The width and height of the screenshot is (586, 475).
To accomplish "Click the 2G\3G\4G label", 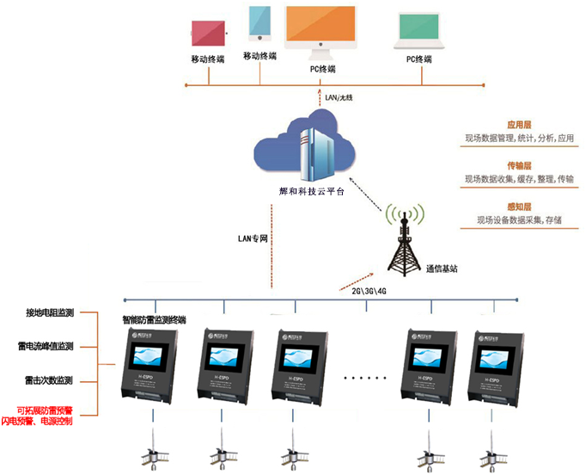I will (x=370, y=290).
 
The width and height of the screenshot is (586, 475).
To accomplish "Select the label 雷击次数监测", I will (x=49, y=380).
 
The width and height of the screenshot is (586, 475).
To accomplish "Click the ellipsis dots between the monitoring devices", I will (x=366, y=378).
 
